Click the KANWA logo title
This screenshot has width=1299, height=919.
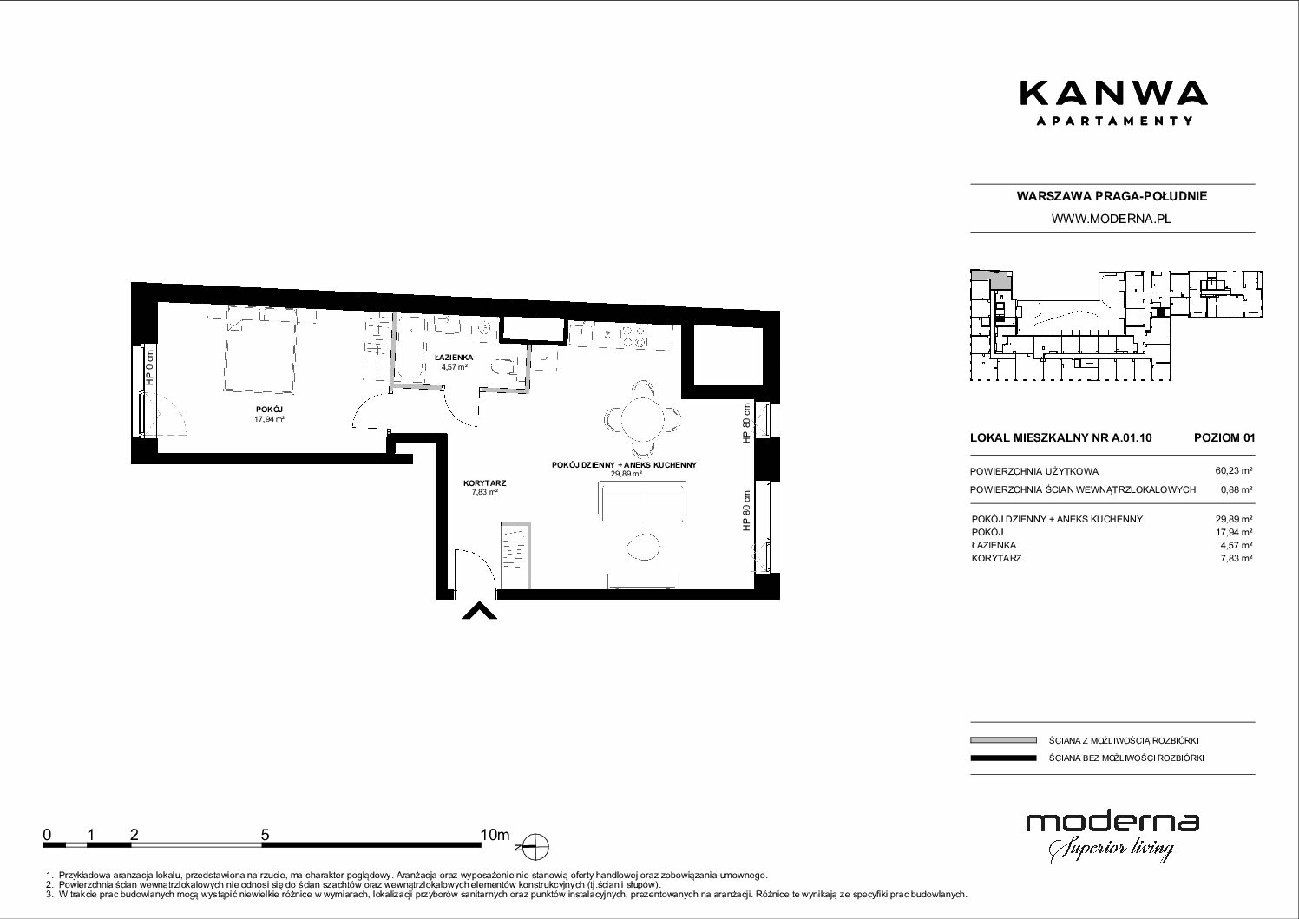[x=1113, y=94]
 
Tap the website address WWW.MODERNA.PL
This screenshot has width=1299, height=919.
[x=1112, y=219]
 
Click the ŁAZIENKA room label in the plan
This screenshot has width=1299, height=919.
[x=454, y=358]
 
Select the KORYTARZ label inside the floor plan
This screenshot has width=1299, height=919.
[x=485, y=483]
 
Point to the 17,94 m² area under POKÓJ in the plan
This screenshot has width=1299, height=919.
[x=269, y=418]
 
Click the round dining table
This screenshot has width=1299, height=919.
[x=642, y=418]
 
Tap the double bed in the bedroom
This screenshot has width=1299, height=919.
[x=261, y=348]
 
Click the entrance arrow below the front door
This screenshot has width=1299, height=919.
[x=479, y=611]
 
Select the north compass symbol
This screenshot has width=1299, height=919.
[x=535, y=847]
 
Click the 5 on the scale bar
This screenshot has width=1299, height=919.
[x=265, y=834]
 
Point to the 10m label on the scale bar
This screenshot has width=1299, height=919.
[x=495, y=834]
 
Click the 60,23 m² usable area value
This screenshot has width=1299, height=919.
[x=1234, y=471]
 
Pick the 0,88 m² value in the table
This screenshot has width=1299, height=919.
[x=1237, y=489]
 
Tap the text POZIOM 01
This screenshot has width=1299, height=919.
[x=1224, y=437]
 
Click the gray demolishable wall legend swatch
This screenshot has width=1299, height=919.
[x=1003, y=740]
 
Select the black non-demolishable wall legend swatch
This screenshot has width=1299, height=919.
[x=1003, y=758]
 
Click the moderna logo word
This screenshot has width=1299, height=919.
[x=1112, y=824]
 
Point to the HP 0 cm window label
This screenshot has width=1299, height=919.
[x=149, y=368]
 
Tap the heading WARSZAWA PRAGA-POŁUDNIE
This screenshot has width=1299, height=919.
[x=1112, y=196]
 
